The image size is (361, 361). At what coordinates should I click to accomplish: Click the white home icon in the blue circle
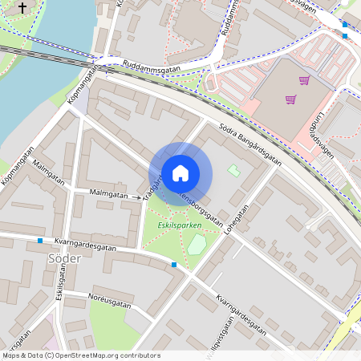(180, 173)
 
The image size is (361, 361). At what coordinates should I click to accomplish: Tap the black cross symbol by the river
(22, 8)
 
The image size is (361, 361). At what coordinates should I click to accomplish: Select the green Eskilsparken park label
(179, 225)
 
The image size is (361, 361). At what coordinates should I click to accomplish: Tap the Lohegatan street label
(237, 218)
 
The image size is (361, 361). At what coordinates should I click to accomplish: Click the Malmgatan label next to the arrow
(108, 194)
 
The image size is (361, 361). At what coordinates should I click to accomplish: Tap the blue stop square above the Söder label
(40, 240)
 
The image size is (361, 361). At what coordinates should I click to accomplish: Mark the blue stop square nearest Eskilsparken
(174, 264)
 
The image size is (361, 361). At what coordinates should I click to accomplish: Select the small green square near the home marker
(233, 169)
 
